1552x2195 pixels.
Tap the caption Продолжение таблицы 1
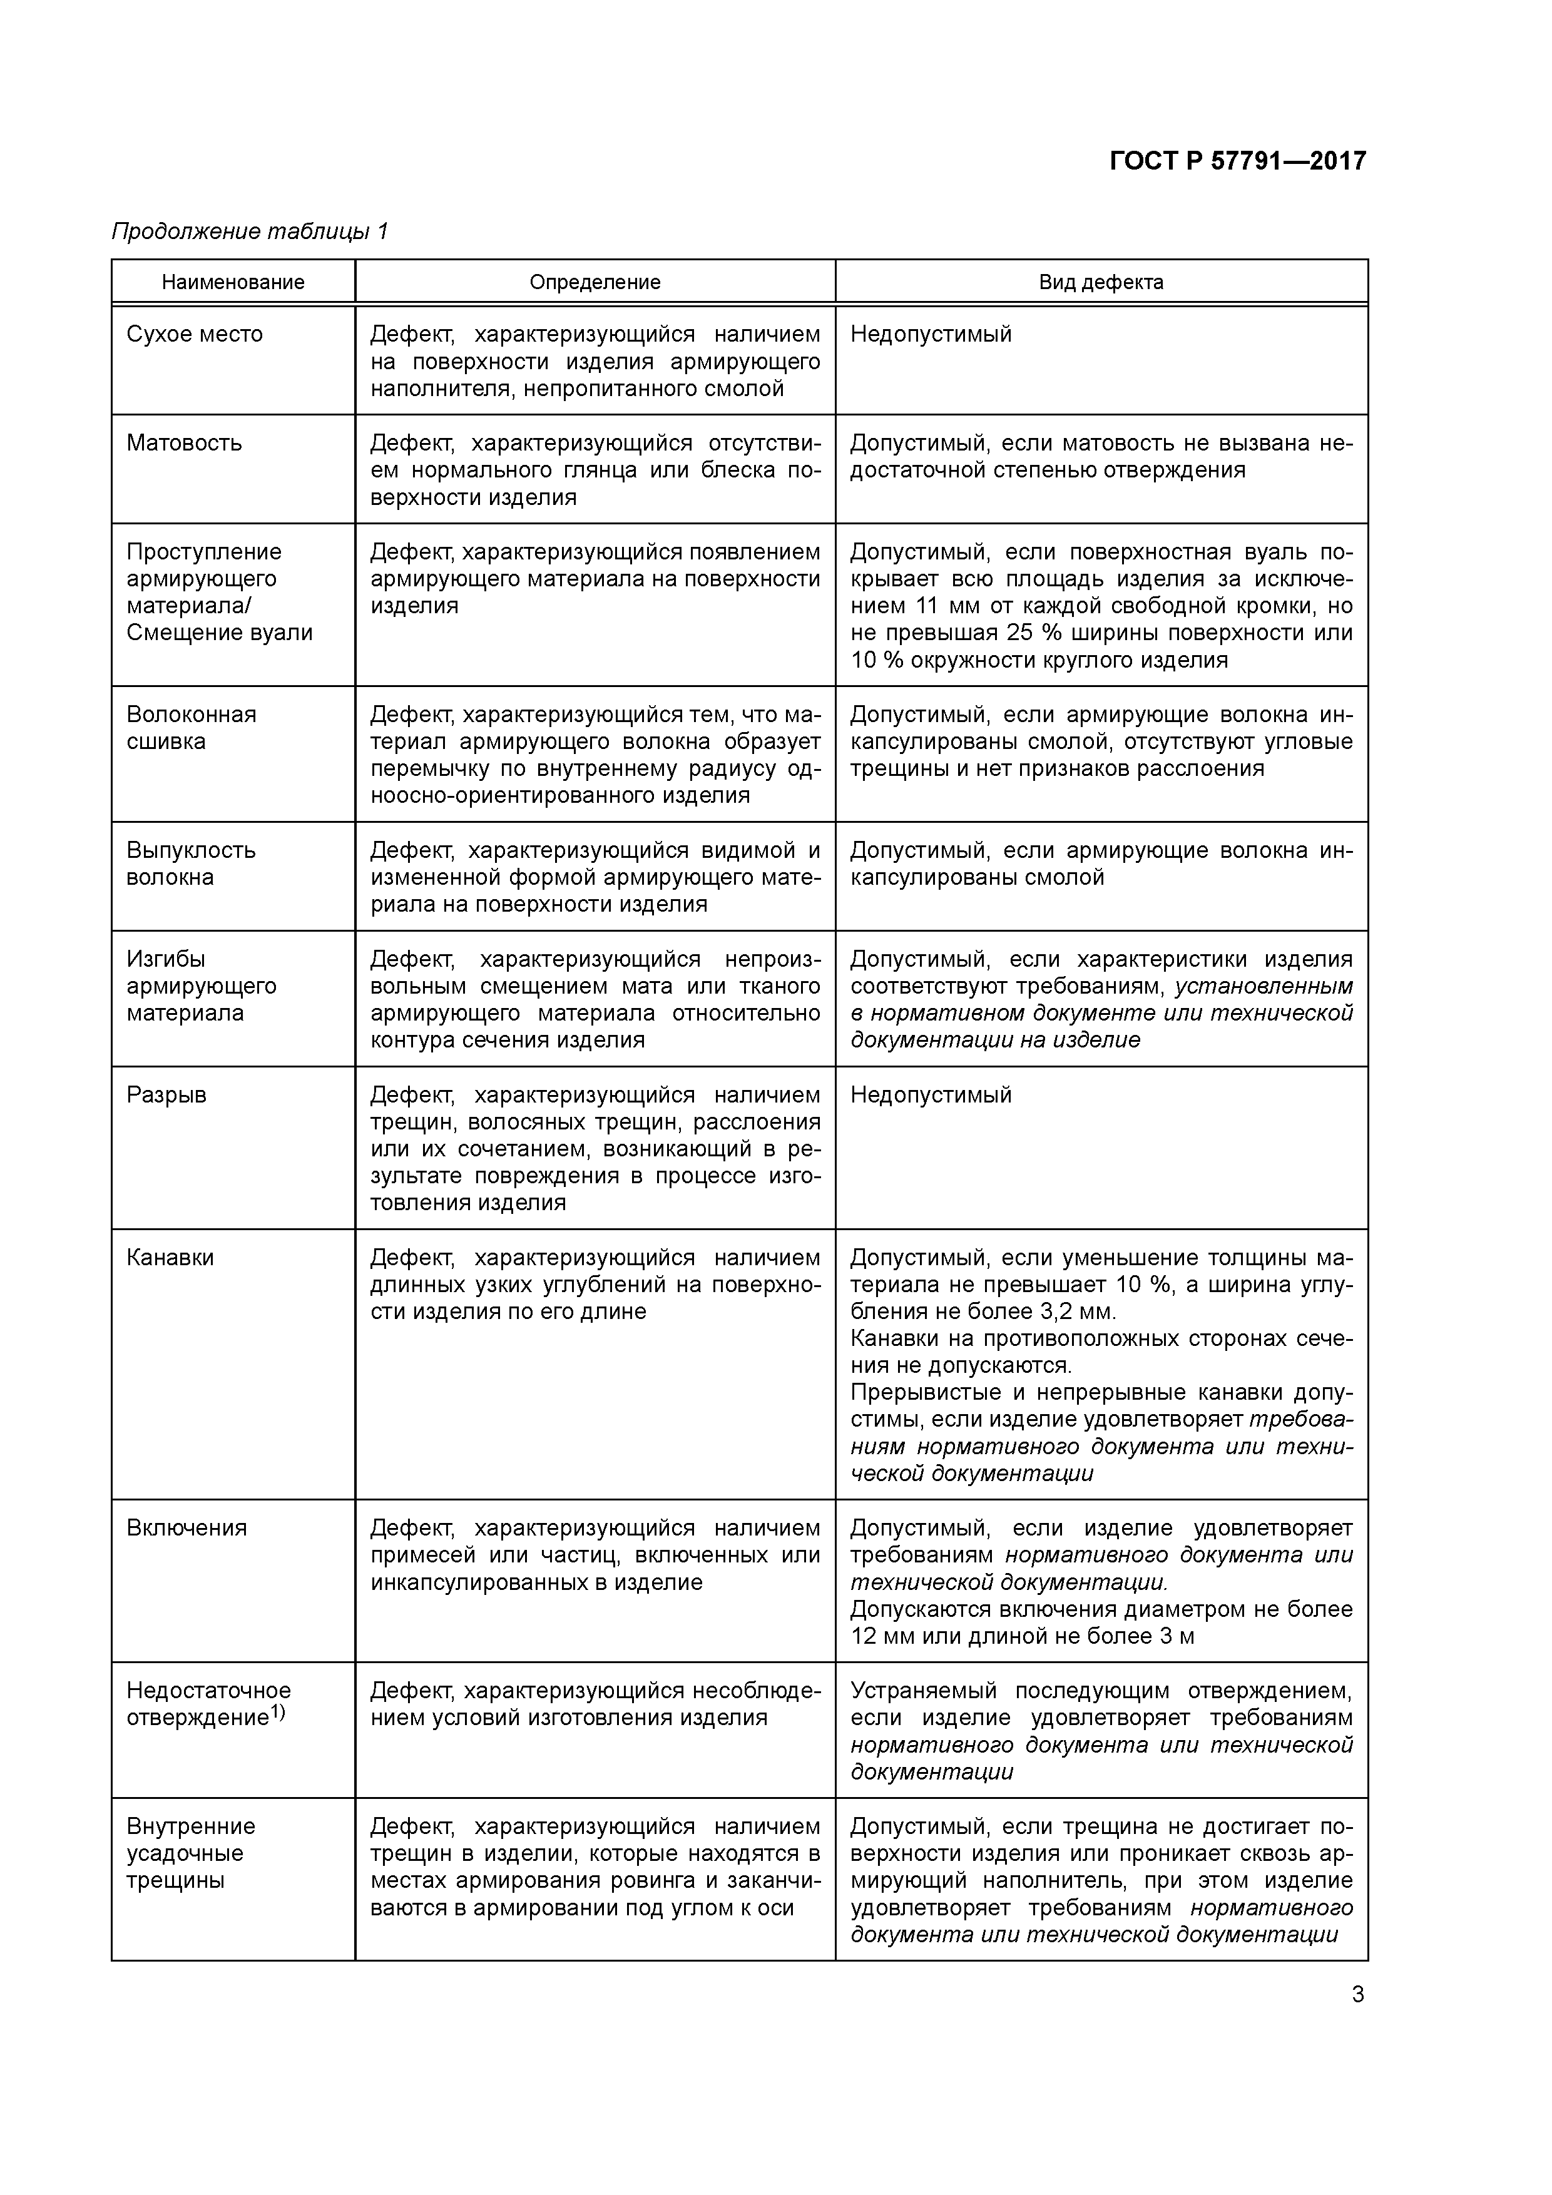click(250, 232)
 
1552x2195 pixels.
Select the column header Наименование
click(233, 282)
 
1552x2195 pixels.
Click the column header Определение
click(595, 282)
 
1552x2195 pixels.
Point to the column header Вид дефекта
click(1101, 282)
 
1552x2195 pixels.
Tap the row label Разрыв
click(166, 1094)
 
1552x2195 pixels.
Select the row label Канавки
click(170, 1257)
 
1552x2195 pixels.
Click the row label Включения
click(186, 1528)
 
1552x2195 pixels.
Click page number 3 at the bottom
click(1358, 1994)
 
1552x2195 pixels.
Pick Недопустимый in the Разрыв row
click(931, 1094)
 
